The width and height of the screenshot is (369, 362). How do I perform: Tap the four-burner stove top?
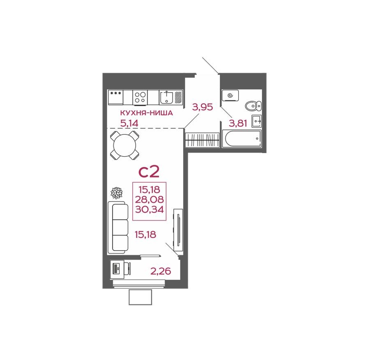click(x=140, y=97)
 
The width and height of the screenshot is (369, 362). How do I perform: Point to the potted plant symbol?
click(x=117, y=193)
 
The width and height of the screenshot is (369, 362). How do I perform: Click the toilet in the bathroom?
click(x=252, y=106)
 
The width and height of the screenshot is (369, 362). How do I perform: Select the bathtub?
click(x=241, y=139)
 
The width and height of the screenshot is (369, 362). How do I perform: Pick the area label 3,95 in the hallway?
click(x=203, y=108)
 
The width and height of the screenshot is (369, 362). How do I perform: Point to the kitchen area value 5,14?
click(x=129, y=122)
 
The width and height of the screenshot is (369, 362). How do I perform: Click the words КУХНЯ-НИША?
click(x=145, y=113)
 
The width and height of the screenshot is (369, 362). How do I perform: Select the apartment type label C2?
click(x=149, y=171)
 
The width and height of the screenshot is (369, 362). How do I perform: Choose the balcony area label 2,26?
click(x=160, y=271)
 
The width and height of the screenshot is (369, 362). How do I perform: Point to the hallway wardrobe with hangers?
click(x=202, y=140)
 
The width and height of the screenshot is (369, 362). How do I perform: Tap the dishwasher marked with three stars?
click(x=115, y=97)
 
